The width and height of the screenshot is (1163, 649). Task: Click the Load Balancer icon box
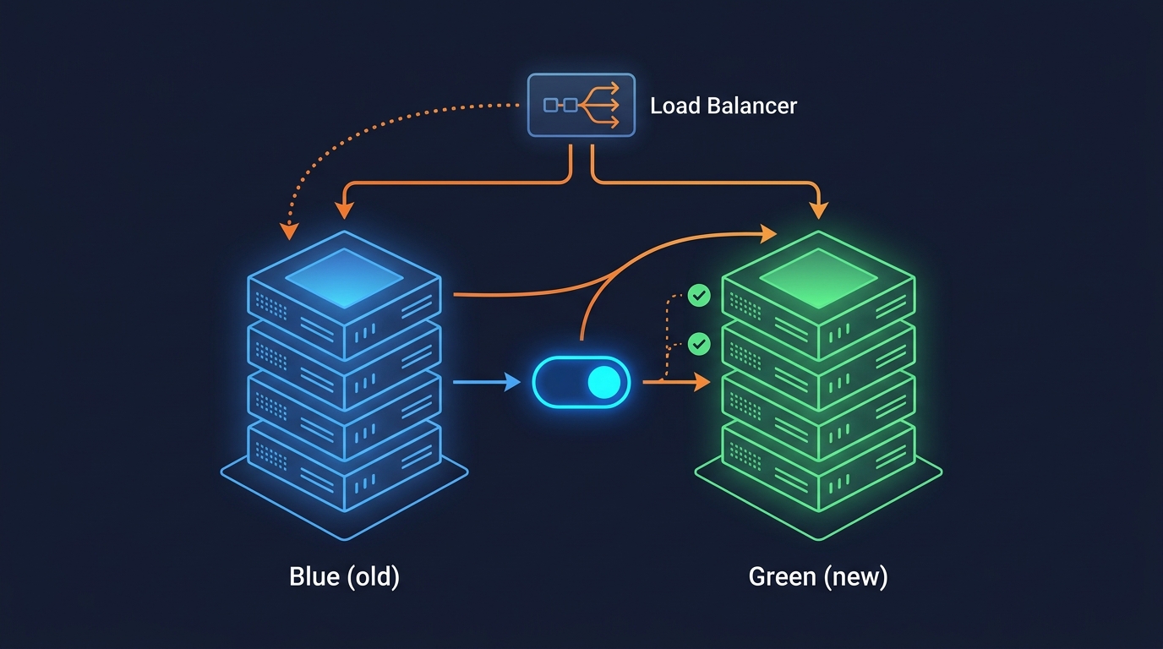[x=581, y=105]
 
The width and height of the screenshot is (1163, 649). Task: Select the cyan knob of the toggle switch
[x=603, y=382]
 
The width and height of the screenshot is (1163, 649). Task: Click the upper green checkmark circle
[x=699, y=295]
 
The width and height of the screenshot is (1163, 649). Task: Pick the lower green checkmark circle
[x=699, y=343]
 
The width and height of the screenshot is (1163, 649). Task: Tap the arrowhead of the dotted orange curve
[x=289, y=229]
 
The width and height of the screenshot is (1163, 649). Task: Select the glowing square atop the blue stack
[x=343, y=276]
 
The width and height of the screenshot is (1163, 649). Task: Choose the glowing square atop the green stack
[x=817, y=276]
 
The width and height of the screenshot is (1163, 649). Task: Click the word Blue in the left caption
[x=314, y=577]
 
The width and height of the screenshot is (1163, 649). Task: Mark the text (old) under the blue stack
[x=372, y=577]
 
